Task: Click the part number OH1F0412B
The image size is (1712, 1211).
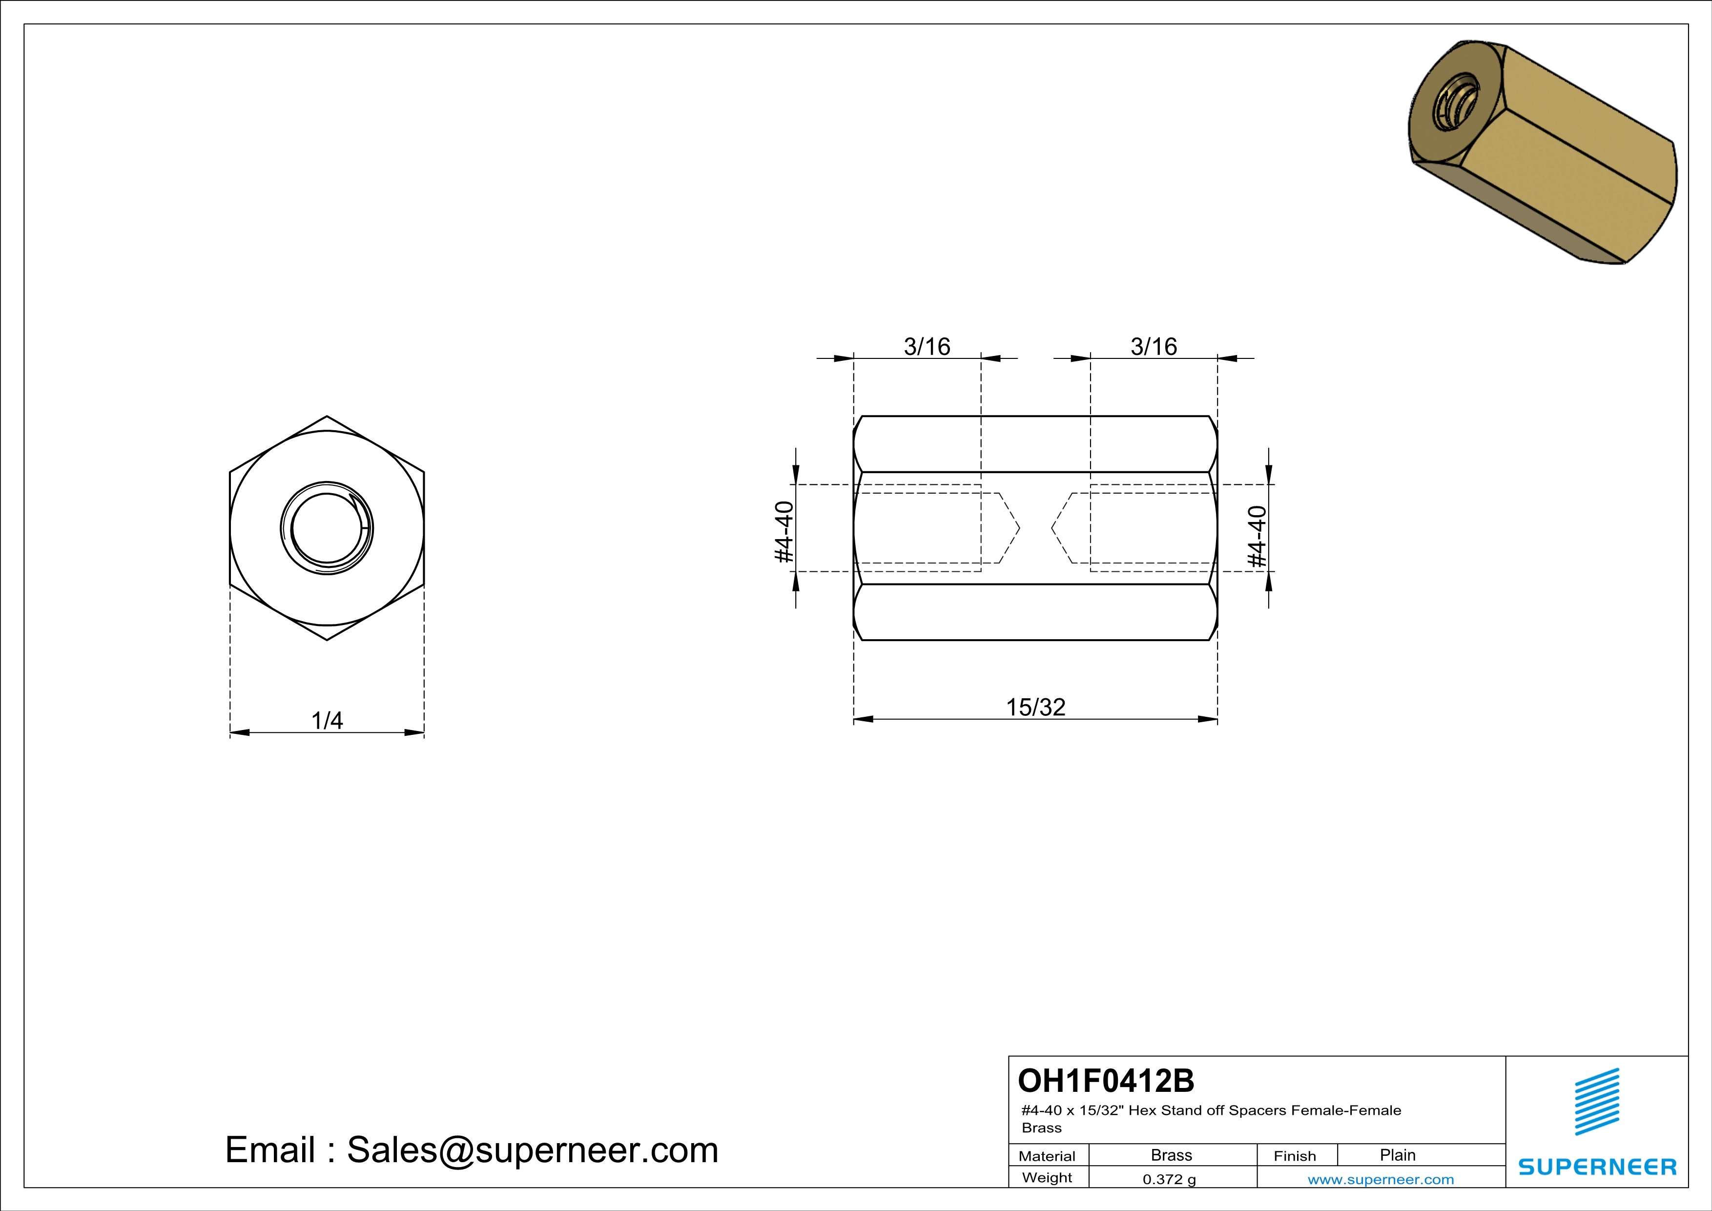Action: point(1105,1081)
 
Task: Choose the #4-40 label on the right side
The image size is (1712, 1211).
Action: point(1257,536)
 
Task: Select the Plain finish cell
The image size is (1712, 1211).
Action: point(1397,1155)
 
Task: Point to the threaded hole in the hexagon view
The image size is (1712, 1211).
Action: point(327,528)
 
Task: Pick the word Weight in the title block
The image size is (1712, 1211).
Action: point(1047,1177)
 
